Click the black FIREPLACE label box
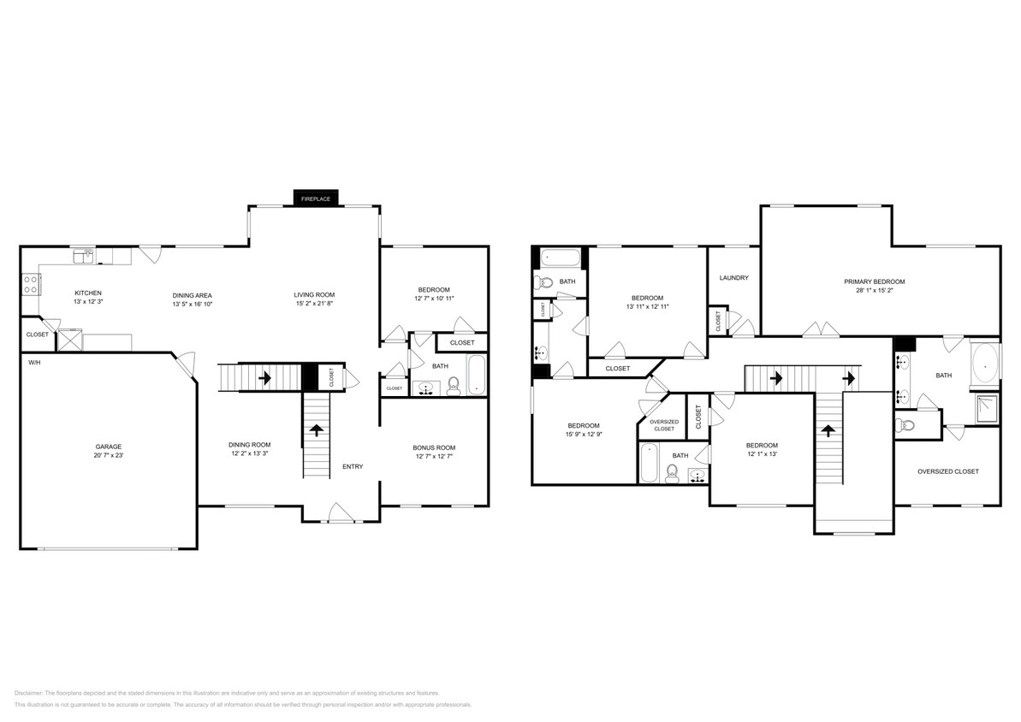coord(317,198)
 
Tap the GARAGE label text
coord(108,447)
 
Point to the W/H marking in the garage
coord(34,363)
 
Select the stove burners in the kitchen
coord(29,284)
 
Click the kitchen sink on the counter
coord(83,255)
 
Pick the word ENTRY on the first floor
coord(353,466)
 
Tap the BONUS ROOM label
coord(434,447)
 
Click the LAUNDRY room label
coord(734,277)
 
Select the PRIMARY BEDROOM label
coord(874,281)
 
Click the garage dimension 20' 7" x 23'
coord(108,456)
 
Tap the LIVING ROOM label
coord(314,294)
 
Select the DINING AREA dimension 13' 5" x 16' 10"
coord(192,304)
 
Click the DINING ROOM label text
coord(249,444)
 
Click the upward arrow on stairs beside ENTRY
coord(316,430)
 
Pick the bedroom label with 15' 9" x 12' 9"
coord(583,425)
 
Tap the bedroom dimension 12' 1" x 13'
coord(762,454)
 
